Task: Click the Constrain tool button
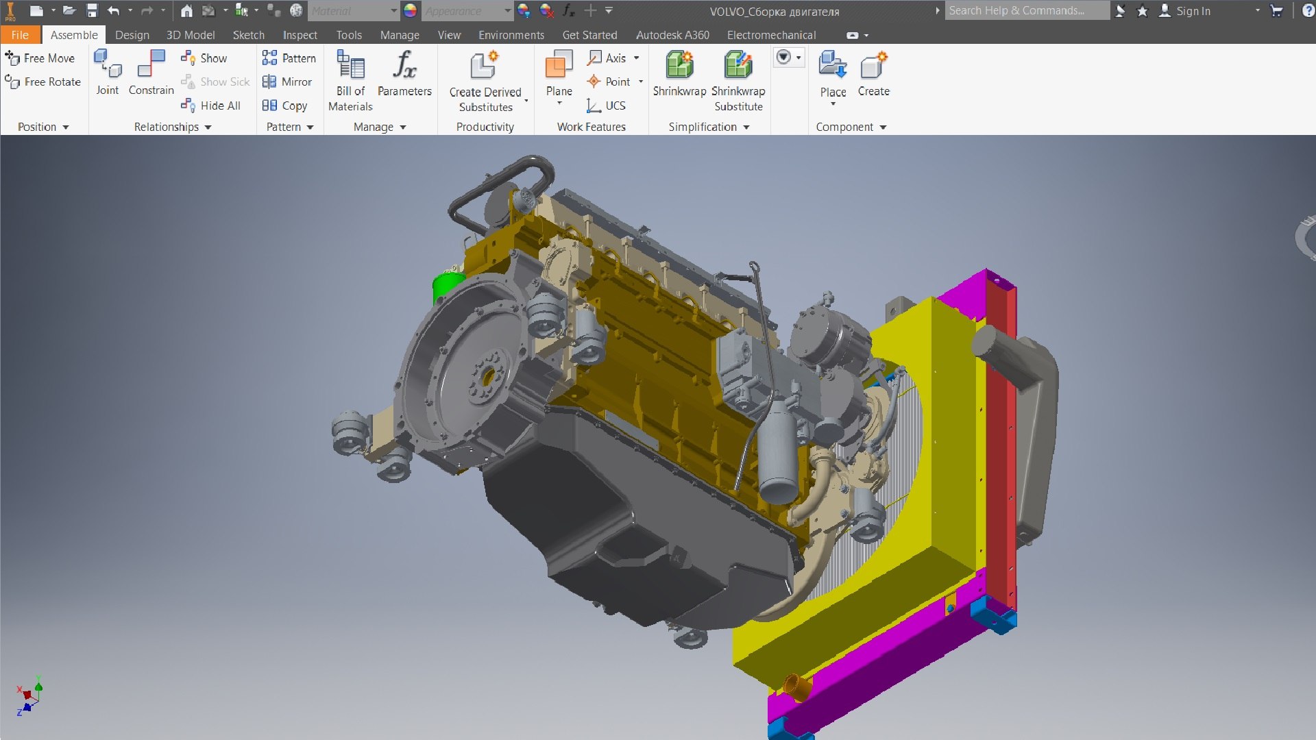(151, 73)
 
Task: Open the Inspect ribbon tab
(300, 35)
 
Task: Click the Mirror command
(288, 82)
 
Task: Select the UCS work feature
(607, 106)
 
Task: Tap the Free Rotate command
(43, 82)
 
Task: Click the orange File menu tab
(20, 35)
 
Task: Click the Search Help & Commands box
(1026, 10)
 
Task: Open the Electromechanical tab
(771, 35)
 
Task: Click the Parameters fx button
(404, 73)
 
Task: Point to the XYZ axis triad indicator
(29, 696)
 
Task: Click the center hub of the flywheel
(488, 376)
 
